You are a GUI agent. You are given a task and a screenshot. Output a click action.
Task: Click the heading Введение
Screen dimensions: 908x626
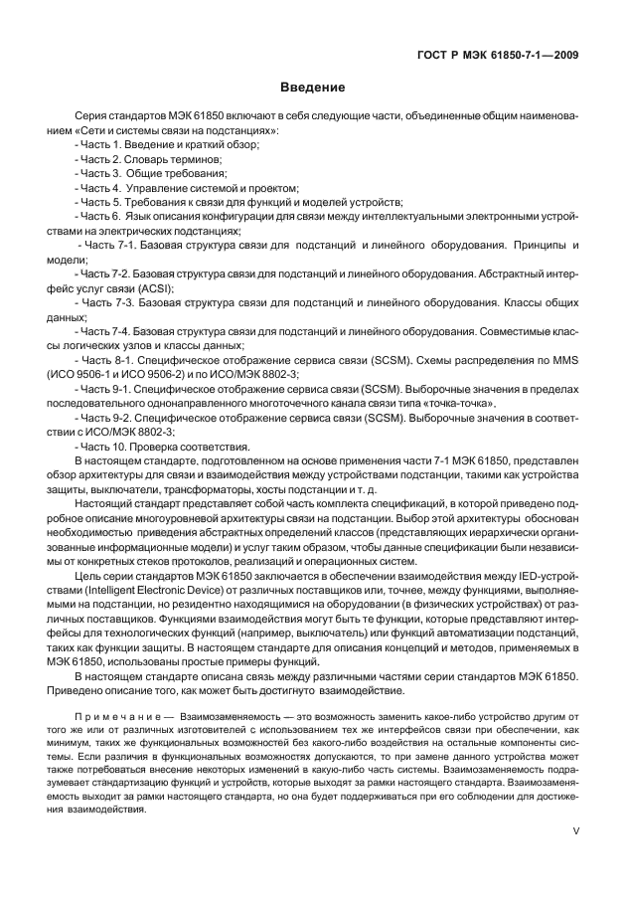point(312,88)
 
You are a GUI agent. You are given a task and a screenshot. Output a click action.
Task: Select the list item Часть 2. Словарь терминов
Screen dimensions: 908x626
point(151,159)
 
